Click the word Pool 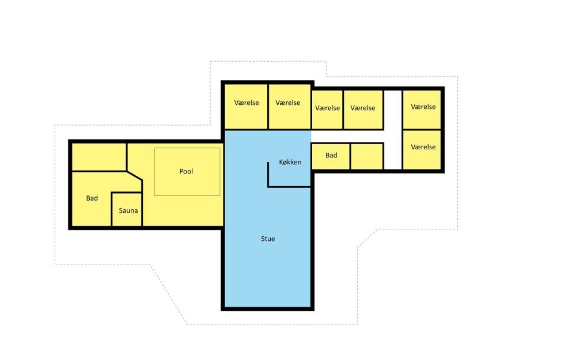click(186, 171)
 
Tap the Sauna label click(128, 210)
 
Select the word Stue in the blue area click(268, 239)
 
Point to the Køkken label click(290, 162)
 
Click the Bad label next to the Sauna click(92, 198)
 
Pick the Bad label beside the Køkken click(331, 155)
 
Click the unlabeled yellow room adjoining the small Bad click(367, 157)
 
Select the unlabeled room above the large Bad click(99, 157)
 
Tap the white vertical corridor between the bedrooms click(393, 130)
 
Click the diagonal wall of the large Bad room click(134, 176)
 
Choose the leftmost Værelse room click(246, 107)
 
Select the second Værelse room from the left click(290, 107)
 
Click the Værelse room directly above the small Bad click(327, 110)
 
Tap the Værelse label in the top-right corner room click(423, 107)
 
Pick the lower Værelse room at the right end click(422, 149)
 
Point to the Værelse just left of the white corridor click(363, 110)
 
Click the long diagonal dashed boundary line click(169, 295)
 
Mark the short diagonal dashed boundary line click(368, 238)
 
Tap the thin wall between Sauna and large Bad click(111, 209)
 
